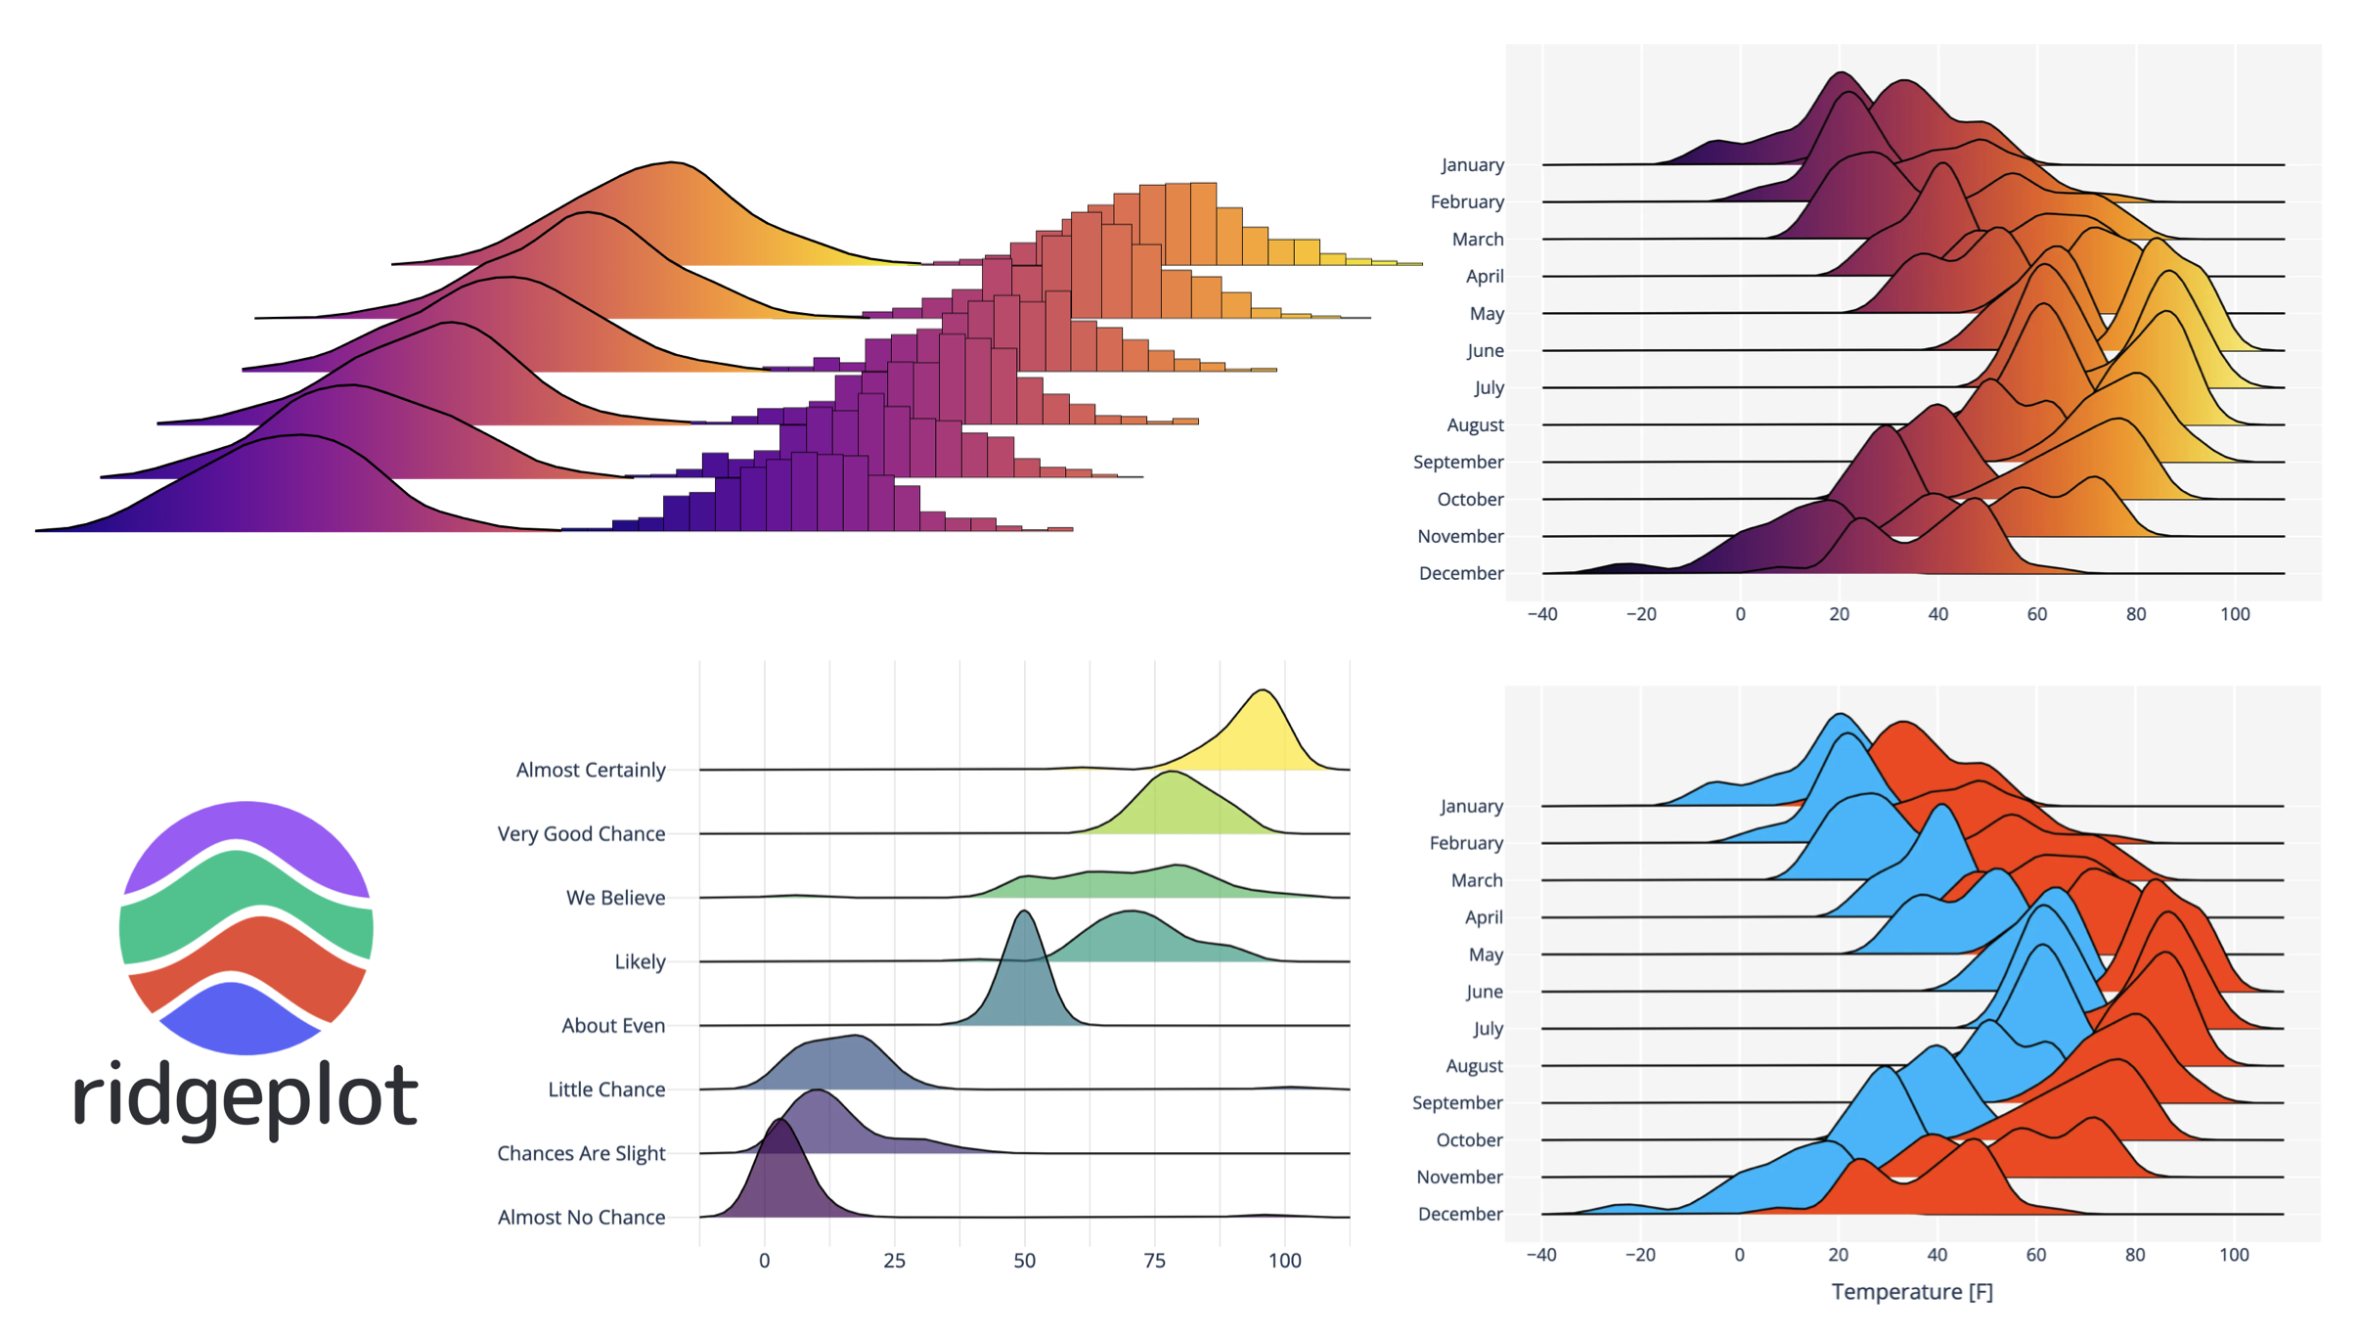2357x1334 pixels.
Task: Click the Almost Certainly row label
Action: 591,770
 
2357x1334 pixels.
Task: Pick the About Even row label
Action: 613,1025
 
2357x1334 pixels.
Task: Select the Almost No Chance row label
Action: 581,1217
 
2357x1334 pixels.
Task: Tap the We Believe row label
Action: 615,897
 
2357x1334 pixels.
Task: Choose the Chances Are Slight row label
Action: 581,1153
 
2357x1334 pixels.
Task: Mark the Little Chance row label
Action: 606,1089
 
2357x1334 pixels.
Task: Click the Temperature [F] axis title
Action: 1912,1292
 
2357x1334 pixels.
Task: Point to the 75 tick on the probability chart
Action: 1154,1261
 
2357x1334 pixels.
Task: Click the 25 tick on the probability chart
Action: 894,1261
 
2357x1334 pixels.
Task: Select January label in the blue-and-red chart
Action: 1471,806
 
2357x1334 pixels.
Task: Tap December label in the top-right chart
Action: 1461,573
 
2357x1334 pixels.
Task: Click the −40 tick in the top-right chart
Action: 1542,614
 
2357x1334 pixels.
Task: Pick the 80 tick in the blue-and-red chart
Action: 2135,1255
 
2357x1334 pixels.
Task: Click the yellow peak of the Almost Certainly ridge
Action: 1263,714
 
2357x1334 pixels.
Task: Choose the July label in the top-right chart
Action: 1489,387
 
